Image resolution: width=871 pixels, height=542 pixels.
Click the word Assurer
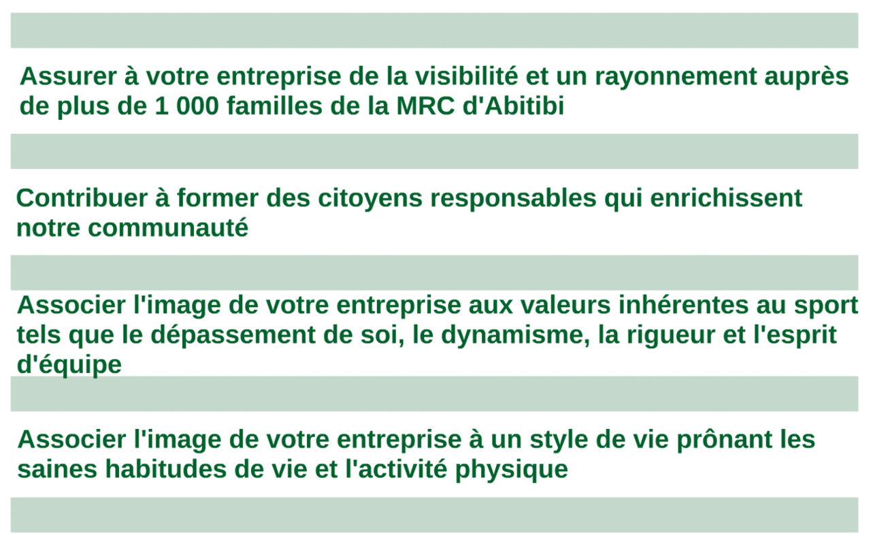point(68,76)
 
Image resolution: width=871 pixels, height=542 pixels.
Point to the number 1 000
point(187,106)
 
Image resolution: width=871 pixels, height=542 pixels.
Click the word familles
point(275,106)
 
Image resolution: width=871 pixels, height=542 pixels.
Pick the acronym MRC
point(425,106)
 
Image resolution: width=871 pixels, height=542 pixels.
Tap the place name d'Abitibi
point(513,106)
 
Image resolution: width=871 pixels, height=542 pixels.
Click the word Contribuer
point(82,197)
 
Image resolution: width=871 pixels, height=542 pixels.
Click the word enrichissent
point(726,197)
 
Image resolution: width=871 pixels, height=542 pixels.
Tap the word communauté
point(168,227)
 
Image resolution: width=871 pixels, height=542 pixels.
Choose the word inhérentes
point(683,304)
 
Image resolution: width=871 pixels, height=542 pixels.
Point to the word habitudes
point(166,468)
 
